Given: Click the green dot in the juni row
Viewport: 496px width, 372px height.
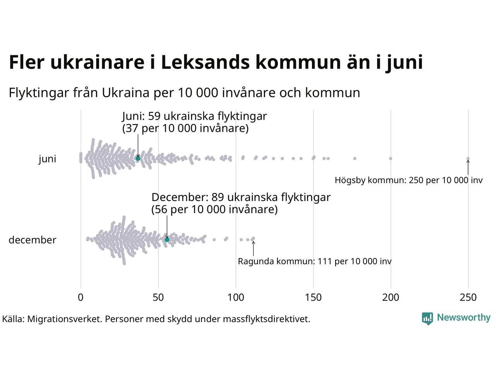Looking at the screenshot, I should coord(138,158).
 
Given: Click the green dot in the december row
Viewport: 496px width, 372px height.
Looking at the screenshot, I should coord(167,240).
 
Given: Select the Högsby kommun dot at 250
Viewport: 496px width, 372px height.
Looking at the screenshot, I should coord(468,158).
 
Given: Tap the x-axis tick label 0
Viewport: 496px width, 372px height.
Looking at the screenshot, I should coord(81,298).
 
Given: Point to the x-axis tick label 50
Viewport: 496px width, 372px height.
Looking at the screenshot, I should coord(158,298).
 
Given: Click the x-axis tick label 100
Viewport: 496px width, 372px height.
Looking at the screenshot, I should coord(236,298).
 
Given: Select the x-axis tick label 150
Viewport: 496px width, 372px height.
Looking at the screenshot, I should coord(313,298).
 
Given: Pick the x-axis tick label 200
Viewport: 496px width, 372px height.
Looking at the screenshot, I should coord(391,298).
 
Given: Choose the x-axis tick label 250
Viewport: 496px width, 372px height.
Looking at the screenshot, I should coord(468,298).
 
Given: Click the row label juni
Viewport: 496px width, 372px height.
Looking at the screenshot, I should coord(47,159).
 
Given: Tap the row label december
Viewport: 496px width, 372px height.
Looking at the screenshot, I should coord(33,240).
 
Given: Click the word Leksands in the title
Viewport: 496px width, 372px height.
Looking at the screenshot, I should coord(205,62).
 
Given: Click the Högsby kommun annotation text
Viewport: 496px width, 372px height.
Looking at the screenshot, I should coord(408,180).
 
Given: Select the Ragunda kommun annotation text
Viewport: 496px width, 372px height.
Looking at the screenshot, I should coord(315,262).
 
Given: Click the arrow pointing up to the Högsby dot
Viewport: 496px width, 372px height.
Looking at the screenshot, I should coord(468,168).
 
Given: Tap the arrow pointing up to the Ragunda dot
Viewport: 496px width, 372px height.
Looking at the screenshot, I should coord(253,249).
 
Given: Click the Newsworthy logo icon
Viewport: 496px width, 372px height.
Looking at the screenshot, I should coord(427,318).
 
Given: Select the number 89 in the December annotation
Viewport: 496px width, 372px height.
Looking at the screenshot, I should coord(218,197).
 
